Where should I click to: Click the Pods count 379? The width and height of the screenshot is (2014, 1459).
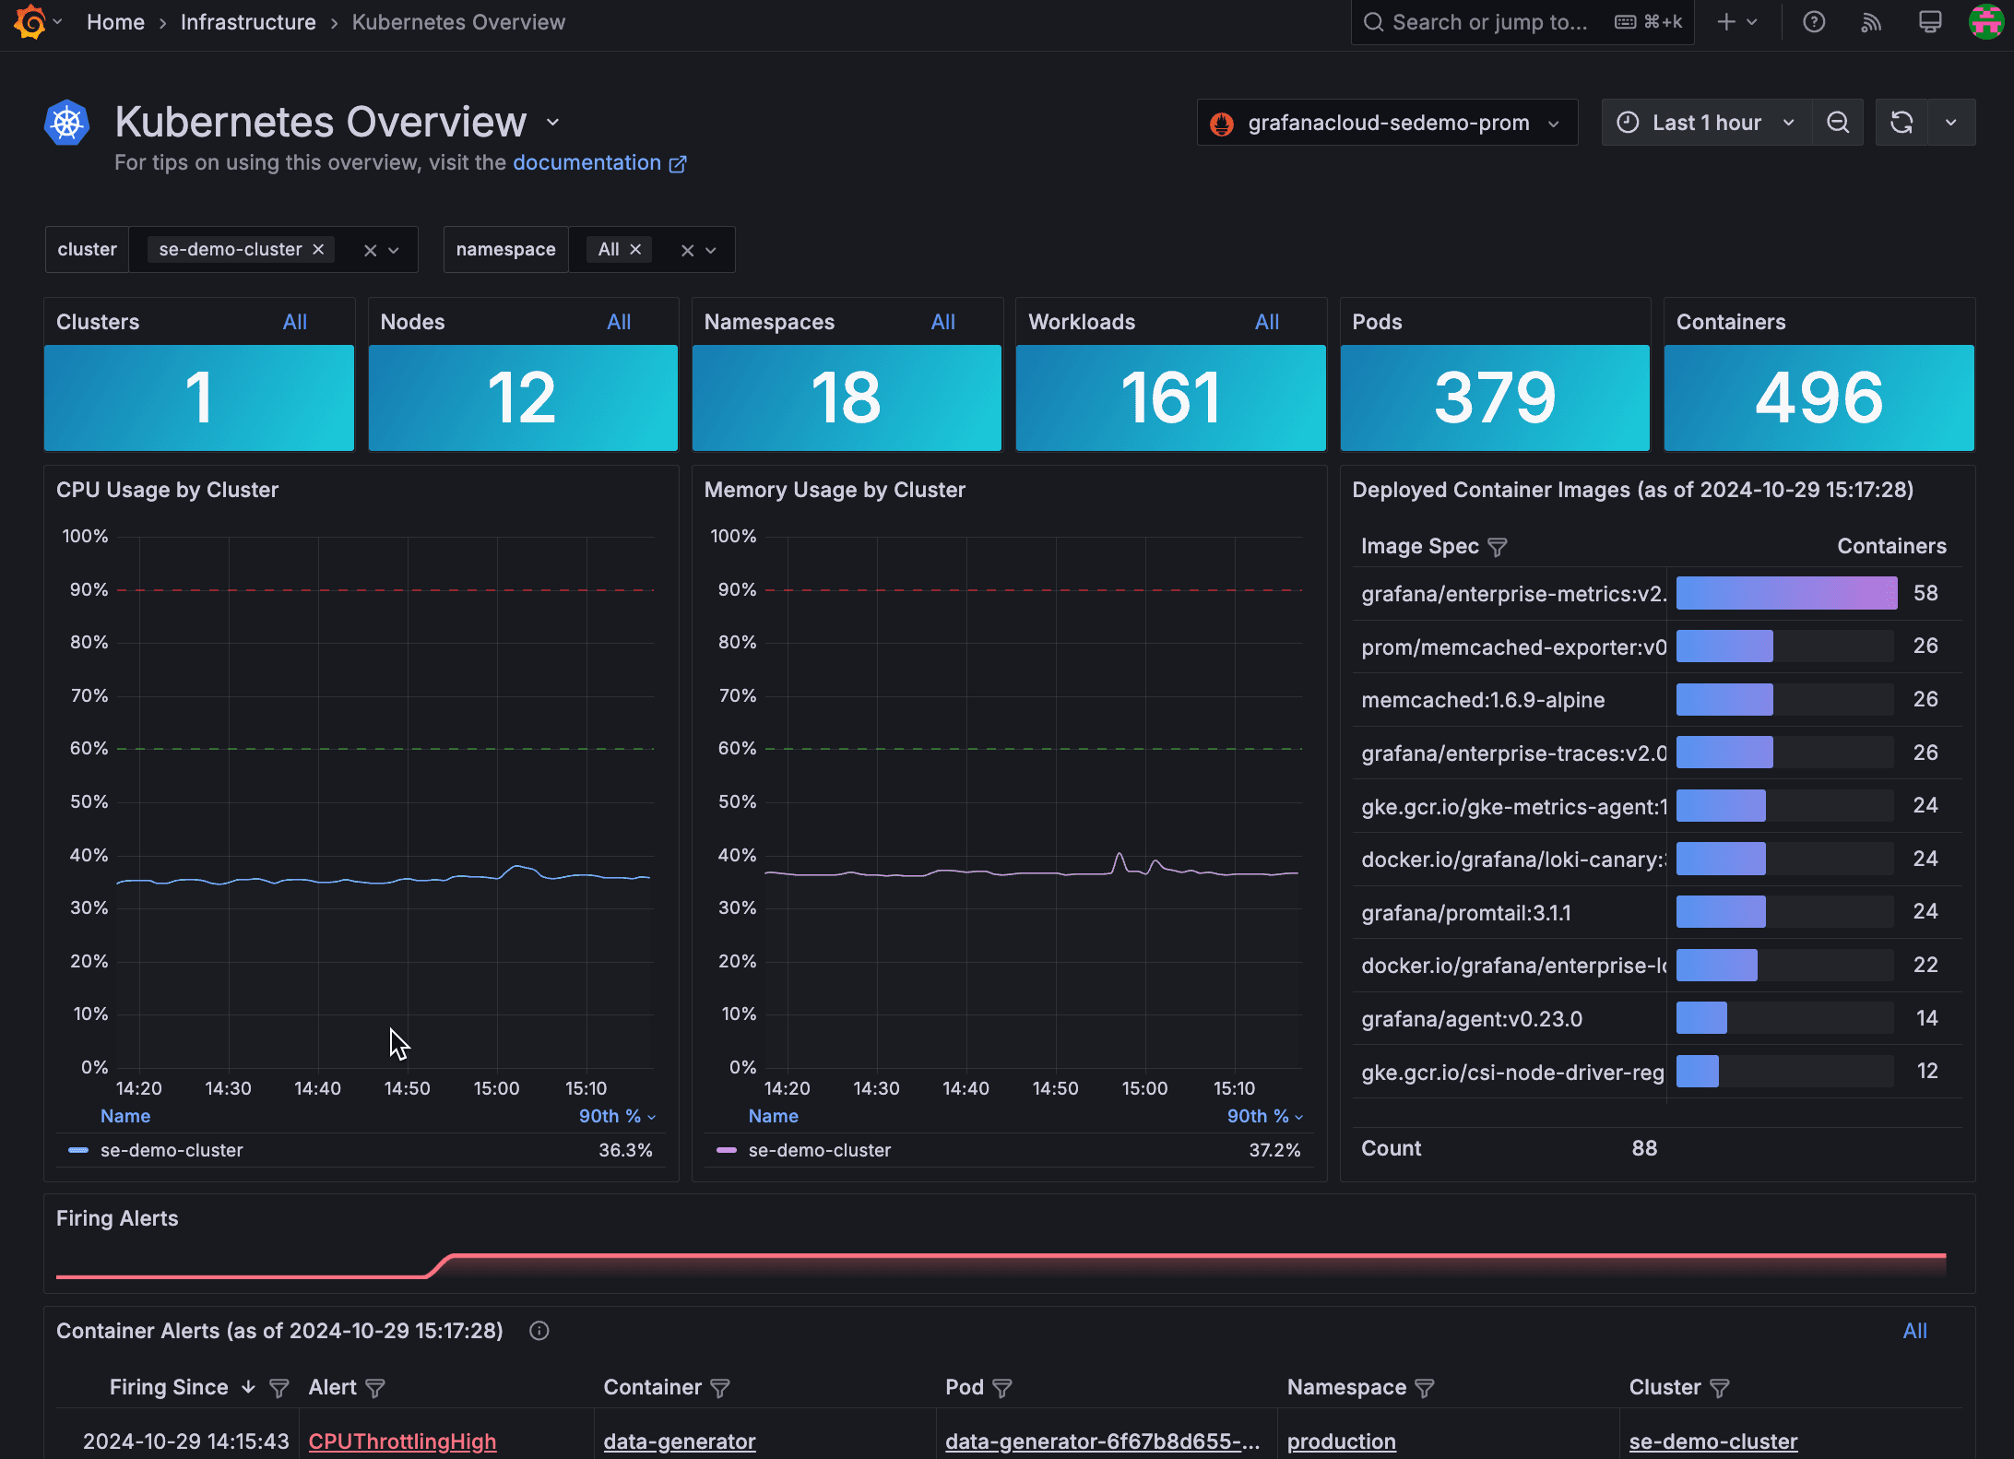coord(1494,397)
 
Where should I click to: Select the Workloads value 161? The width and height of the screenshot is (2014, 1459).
coord(1170,397)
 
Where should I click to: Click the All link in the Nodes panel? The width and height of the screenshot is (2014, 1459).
coord(618,322)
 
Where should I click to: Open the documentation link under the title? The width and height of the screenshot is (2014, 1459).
coord(587,163)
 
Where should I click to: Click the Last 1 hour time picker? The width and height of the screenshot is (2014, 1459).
coord(1706,123)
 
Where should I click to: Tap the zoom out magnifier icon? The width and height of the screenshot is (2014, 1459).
coord(1838,123)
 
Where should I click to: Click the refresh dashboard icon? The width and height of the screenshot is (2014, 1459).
coord(1901,123)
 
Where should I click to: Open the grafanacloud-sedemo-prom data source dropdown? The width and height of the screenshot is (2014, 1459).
coord(1387,123)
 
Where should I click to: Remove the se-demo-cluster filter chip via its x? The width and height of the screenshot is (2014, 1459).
coord(318,250)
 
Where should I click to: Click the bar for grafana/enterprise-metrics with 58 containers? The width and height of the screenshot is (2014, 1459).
coord(1786,593)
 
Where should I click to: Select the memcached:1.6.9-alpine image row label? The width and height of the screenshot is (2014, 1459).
coord(1482,700)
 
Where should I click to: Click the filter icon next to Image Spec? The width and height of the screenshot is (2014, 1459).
coord(1498,547)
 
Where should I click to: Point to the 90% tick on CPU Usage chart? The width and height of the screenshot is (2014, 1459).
coord(89,589)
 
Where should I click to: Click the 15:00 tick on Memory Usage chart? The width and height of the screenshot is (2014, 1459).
coord(1144,1088)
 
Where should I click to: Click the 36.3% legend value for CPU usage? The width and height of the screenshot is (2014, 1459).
coord(625,1150)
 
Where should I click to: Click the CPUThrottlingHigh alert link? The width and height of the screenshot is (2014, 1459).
coord(402,1441)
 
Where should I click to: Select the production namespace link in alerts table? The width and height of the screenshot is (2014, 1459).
coord(1341,1441)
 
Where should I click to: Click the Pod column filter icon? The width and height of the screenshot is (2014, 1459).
coord(1002,1388)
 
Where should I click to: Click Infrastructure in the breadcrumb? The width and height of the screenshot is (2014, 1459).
coord(248,22)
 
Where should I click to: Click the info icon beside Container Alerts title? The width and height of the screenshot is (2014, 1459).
coord(539,1331)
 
